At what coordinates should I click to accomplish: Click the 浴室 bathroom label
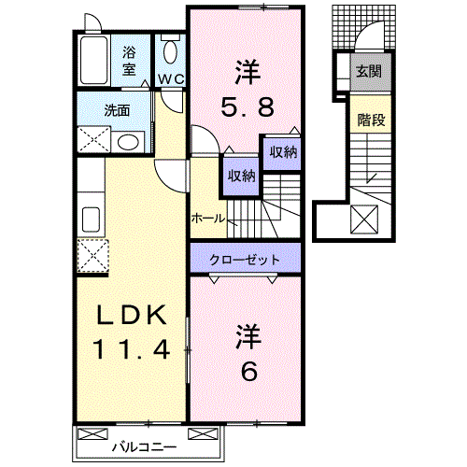coord(129,61)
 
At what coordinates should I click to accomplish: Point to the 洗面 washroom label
coord(118,110)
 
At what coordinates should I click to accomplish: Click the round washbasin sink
coord(129,141)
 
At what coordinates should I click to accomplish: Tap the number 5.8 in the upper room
coord(247,107)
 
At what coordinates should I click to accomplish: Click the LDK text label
coord(132,315)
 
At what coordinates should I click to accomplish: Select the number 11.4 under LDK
coord(132,350)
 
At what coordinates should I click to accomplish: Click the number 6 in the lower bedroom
coord(248,370)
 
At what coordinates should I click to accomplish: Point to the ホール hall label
coord(206,218)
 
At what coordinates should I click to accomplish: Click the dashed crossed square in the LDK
coord(93,254)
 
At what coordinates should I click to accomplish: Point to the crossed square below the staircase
coord(364,220)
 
